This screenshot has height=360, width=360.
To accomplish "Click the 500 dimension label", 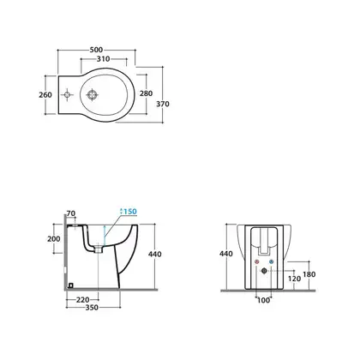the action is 96,50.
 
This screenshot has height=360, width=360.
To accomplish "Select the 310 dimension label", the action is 103,59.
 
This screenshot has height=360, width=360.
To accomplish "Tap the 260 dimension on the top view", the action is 45,94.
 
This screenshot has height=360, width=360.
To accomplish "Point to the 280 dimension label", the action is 146,93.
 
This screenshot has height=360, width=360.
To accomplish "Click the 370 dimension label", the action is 163,104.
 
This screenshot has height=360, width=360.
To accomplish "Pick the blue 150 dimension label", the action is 130,212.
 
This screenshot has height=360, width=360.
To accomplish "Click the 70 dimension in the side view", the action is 71,213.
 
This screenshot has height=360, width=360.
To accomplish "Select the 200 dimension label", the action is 54,238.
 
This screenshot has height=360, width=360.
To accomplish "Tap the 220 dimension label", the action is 83,300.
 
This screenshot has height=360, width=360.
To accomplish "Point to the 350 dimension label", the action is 92,308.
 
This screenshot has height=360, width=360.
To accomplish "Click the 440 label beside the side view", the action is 155,254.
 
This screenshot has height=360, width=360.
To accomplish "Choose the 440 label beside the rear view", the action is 226,254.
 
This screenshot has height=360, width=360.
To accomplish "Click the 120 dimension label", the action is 294,279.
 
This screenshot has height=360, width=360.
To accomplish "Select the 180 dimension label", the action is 309,274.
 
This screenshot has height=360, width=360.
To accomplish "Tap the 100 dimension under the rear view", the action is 263,300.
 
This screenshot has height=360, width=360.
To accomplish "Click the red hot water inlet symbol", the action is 257,261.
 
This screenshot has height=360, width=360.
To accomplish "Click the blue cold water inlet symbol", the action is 271,261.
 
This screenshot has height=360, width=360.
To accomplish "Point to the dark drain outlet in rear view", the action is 264,271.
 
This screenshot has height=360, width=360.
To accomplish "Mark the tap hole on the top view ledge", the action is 68,95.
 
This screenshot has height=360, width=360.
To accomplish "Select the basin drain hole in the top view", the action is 93,95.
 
